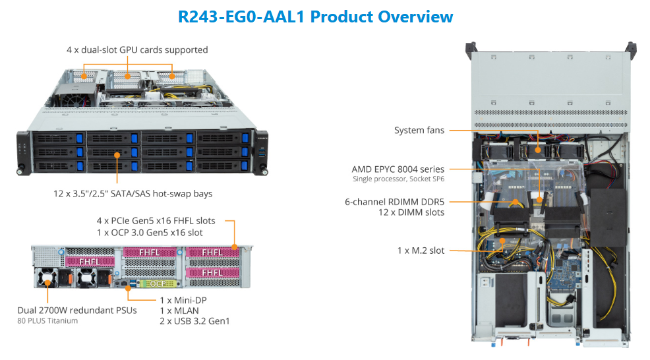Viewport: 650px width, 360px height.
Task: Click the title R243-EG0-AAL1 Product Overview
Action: coord(316,16)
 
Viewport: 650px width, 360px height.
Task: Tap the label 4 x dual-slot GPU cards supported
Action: coord(137,49)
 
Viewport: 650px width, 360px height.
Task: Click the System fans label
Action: coord(419,130)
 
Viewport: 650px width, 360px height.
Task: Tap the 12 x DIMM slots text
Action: coord(411,212)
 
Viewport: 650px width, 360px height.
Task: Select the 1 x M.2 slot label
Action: coord(420,251)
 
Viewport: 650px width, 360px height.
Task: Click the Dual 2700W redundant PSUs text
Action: coord(78,309)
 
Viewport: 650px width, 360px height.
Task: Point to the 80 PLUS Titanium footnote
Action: coord(47,320)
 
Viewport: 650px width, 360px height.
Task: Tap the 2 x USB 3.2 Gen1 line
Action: coord(195,321)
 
